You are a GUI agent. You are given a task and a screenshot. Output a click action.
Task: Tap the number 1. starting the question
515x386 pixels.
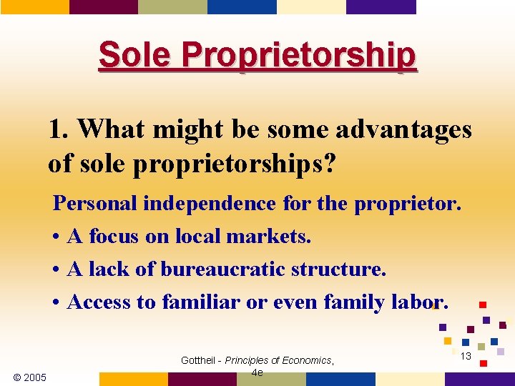[59, 129]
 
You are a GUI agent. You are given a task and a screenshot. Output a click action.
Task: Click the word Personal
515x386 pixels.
[96, 204]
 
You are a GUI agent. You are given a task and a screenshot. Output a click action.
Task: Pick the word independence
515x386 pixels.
[209, 204]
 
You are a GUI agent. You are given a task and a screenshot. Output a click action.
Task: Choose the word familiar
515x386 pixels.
[201, 302]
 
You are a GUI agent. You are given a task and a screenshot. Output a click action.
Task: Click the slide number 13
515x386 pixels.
[466, 356]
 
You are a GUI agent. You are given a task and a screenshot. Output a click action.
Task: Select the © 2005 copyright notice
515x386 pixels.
[29, 377]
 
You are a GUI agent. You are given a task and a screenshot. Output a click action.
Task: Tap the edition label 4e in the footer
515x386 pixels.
[257, 372]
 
